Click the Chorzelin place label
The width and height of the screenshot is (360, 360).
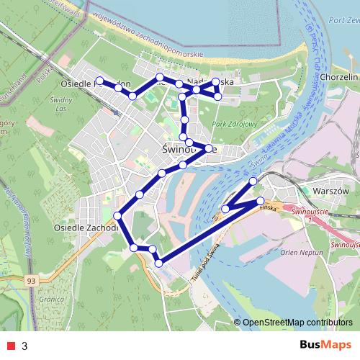click(339, 76)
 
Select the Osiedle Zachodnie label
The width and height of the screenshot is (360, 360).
click(85, 228)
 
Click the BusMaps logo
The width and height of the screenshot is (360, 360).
click(325, 346)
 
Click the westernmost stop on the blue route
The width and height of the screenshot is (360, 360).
click(99, 81)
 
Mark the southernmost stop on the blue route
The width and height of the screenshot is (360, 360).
click(159, 263)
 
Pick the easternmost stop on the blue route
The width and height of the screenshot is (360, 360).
click(260, 201)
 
